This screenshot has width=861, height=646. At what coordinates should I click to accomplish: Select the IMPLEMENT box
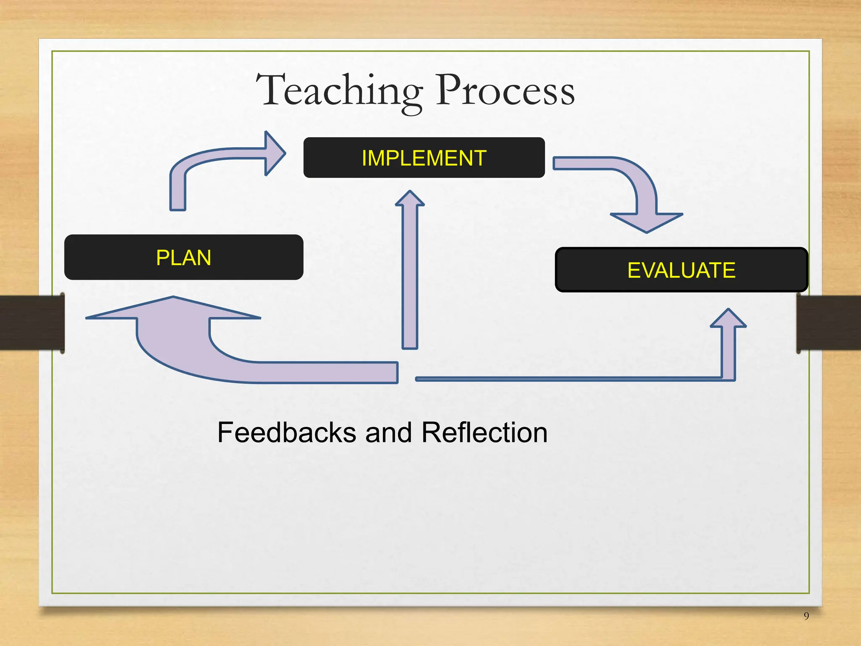424,158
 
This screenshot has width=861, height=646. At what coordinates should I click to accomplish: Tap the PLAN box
184,257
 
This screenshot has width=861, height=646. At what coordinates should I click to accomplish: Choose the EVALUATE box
681,270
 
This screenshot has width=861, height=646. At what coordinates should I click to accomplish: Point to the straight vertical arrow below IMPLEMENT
410,278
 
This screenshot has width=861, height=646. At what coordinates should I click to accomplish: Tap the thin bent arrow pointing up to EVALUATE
589,379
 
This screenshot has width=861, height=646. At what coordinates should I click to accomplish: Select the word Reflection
484,433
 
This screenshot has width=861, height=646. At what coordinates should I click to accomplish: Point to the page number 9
806,616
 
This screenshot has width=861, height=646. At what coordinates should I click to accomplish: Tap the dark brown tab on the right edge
828,323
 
